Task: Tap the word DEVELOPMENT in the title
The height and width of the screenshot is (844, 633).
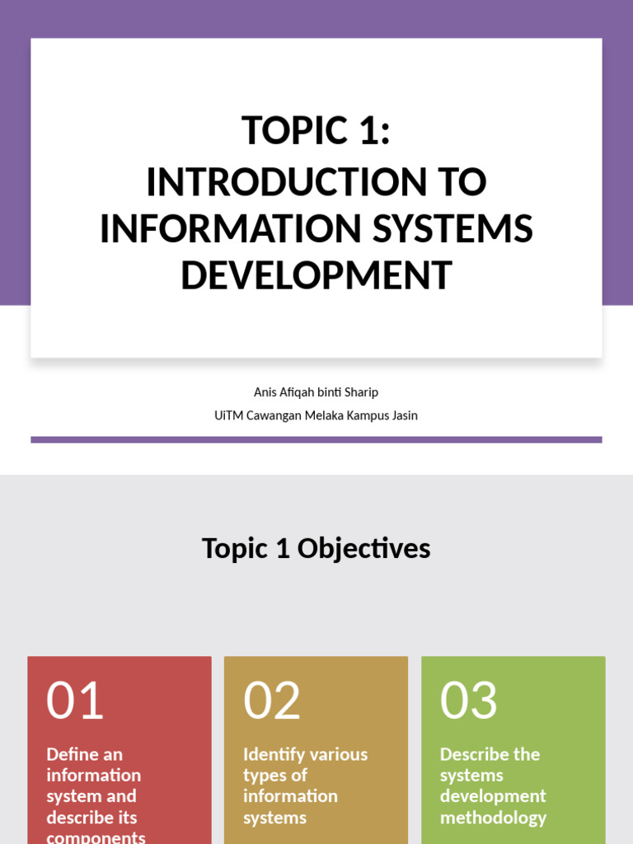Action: click(316, 276)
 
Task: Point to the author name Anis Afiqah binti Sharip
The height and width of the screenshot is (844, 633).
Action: click(316, 392)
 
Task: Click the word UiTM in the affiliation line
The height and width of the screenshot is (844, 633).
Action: click(228, 415)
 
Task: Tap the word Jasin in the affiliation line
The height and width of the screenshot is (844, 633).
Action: click(403, 415)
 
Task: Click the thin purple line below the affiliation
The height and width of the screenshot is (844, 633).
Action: click(316, 440)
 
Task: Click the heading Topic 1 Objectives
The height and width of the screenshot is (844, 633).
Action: click(316, 549)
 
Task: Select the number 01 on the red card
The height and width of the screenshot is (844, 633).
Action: click(75, 701)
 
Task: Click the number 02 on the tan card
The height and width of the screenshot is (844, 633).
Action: click(272, 701)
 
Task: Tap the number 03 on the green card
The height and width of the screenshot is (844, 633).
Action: click(469, 701)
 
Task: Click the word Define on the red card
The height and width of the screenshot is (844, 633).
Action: click(73, 754)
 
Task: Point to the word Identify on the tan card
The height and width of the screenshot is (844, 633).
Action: click(276, 754)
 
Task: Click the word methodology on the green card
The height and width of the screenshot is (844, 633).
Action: click(493, 818)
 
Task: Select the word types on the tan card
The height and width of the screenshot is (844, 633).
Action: click(263, 776)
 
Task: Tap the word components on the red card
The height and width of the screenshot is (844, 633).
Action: click(96, 837)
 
